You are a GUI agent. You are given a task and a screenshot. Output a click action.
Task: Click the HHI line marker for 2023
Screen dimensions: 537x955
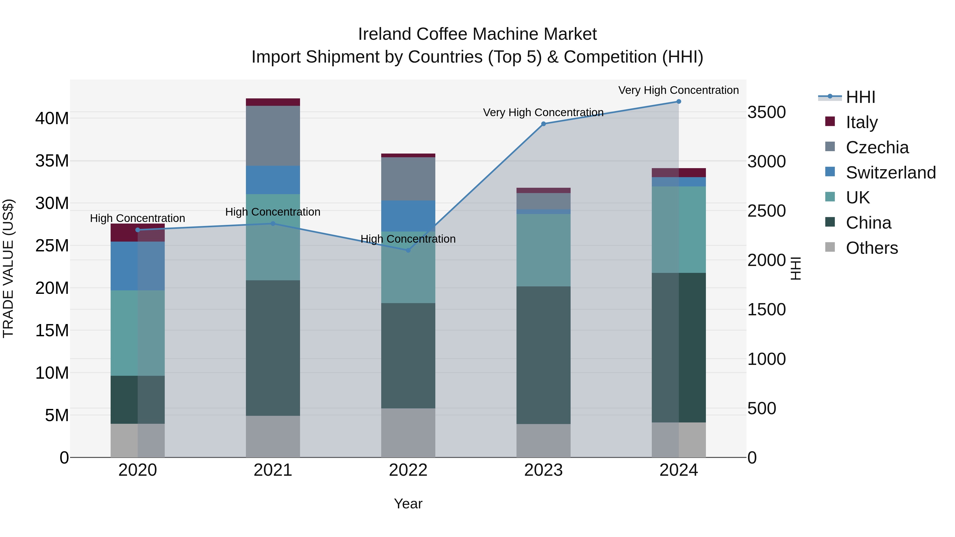pos(544,124)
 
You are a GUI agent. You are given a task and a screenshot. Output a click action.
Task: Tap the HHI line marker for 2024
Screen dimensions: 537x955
pos(679,102)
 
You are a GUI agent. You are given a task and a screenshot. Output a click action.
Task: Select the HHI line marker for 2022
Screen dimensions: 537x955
pos(408,250)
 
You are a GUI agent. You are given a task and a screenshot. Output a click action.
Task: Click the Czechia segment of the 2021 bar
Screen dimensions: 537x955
pos(273,136)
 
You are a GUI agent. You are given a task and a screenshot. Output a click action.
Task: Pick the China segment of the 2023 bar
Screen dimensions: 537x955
pos(544,355)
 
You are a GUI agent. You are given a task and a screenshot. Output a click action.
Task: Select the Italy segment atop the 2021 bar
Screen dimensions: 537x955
pos(273,102)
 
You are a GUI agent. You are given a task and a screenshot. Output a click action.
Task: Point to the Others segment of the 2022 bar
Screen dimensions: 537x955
pos(408,433)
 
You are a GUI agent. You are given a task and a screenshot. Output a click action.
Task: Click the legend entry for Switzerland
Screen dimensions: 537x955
pos(891,172)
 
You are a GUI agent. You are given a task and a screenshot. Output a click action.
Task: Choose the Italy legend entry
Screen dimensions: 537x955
pos(862,122)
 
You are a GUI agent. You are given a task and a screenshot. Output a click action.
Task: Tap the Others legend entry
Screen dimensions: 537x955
pos(872,248)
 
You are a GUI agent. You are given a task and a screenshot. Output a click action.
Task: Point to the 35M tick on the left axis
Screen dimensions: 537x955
pos(52,161)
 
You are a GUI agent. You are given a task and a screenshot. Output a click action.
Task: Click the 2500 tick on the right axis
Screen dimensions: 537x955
pos(766,211)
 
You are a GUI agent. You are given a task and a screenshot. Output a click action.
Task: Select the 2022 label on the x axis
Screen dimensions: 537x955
pos(408,470)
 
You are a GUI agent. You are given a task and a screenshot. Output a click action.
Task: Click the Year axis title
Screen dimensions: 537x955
pos(408,504)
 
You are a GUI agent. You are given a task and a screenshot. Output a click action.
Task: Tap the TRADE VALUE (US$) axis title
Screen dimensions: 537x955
pos(8,269)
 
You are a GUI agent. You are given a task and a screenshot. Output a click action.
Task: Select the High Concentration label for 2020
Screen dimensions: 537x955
pos(137,218)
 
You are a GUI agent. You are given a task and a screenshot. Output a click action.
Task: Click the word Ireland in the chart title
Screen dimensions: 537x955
pos(385,34)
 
